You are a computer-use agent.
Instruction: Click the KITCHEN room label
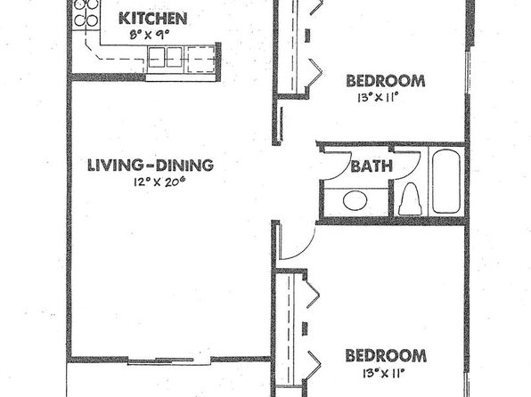tap(152, 19)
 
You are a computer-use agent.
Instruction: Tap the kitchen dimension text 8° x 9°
tap(149, 35)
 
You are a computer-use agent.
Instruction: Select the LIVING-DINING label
tap(151, 166)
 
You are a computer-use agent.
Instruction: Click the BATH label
tap(372, 166)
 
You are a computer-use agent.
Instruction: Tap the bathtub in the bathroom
tap(446, 182)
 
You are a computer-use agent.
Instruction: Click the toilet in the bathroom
tap(410, 199)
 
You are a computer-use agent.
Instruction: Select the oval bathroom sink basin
tap(355, 200)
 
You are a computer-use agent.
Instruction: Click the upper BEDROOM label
tap(386, 81)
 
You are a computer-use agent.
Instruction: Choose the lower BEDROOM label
tap(386, 356)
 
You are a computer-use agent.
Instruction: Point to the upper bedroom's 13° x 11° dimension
tap(377, 98)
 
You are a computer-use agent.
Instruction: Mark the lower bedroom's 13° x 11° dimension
tap(384, 373)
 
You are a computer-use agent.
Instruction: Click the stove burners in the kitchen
tap(86, 12)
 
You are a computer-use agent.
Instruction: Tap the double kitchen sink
tap(165, 57)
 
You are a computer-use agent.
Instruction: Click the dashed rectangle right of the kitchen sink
tap(200, 60)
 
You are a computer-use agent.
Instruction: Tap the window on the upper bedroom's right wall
tap(468, 72)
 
